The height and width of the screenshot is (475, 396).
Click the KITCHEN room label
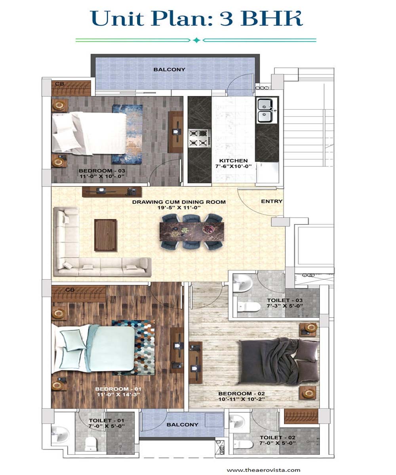point(233,161)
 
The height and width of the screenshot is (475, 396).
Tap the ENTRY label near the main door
point(272,201)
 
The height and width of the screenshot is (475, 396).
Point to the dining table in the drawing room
point(192,232)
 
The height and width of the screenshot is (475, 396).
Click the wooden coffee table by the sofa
point(106,235)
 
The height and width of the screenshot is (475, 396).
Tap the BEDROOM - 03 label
point(102,171)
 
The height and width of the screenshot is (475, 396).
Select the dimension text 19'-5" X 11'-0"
point(179,207)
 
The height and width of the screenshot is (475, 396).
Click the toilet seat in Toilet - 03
point(249,307)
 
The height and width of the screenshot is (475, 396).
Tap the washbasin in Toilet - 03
point(243,283)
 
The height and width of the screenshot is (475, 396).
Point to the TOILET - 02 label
point(278,437)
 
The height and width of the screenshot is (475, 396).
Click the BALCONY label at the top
point(169,69)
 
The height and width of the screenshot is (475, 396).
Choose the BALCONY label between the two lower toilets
point(182,424)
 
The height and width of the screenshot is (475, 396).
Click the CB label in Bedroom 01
point(70,290)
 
